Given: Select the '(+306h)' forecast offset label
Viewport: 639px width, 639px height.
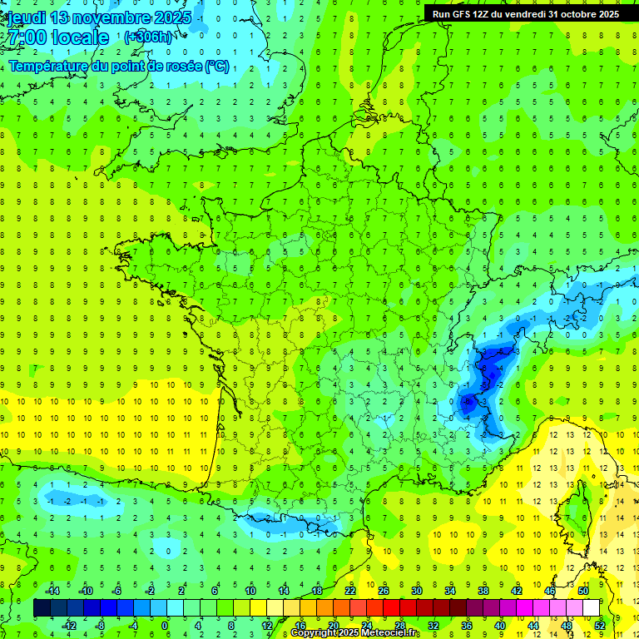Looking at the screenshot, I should tap(147, 37).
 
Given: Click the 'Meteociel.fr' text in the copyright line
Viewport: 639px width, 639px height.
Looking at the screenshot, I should tap(389, 633).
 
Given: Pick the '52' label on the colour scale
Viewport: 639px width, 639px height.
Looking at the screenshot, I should tap(599, 625).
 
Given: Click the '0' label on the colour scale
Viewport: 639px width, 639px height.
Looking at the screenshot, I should tap(165, 625).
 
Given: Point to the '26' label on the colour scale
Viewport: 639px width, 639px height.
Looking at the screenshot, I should tap(384, 591).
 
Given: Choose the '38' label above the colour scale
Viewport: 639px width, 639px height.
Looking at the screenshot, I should tap(483, 591).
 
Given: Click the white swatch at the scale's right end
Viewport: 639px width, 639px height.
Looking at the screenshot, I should tap(591, 608).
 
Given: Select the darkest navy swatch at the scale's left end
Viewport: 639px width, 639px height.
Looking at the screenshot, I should tap(42, 608).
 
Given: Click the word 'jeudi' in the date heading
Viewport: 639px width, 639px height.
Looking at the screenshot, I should tap(26, 17).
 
